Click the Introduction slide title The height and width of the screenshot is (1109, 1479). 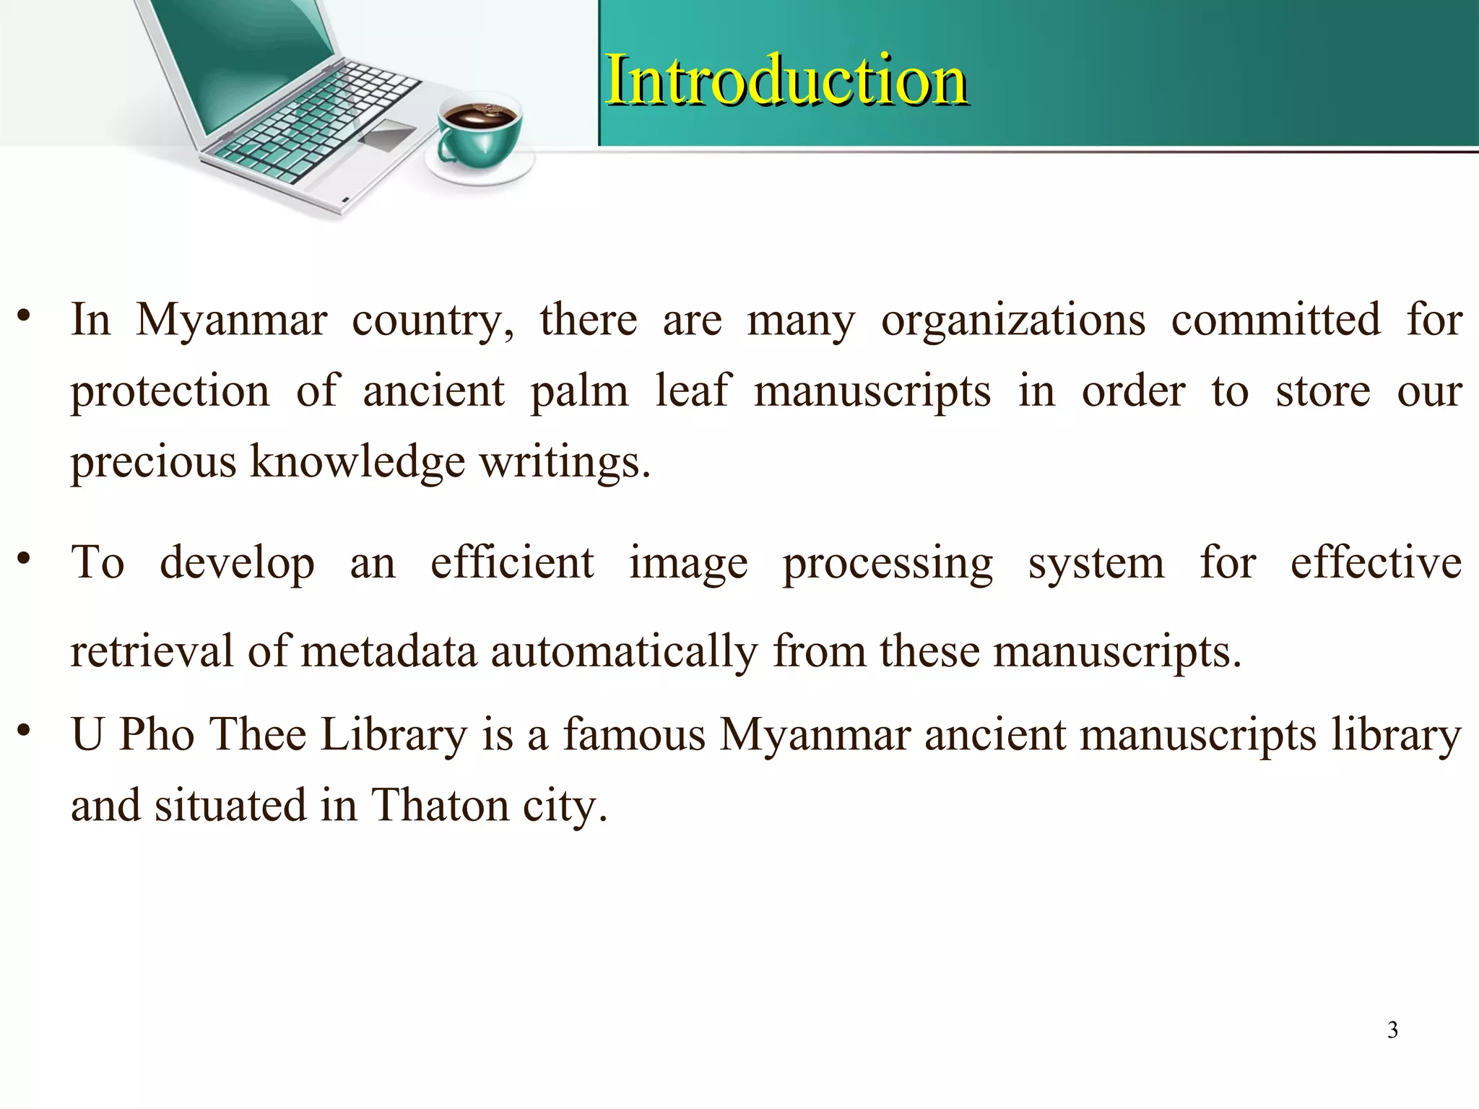click(786, 80)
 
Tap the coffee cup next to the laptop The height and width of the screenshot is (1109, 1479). click(480, 137)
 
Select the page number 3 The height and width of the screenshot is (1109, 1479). click(1392, 1030)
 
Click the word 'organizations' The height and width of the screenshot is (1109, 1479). click(1012, 320)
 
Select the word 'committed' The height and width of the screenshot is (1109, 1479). click(1275, 320)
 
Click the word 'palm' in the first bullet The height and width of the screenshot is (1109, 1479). click(579, 392)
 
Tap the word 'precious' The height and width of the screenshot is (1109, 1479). click(153, 462)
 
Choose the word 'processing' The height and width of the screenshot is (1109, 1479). click(888, 564)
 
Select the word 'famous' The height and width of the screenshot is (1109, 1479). click(633, 734)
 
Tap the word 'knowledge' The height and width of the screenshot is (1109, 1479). click(357, 462)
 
